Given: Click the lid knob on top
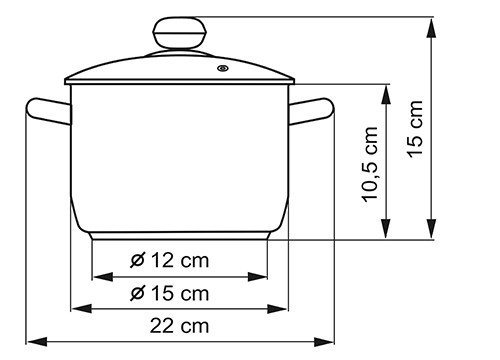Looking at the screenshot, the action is pyautogui.click(x=180, y=33).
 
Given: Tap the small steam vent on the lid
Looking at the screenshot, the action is pyautogui.click(x=223, y=68).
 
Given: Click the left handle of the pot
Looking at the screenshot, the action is pyautogui.click(x=49, y=111).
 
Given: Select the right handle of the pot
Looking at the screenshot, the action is pyautogui.click(x=311, y=111).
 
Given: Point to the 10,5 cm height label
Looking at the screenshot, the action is pyautogui.click(x=370, y=164).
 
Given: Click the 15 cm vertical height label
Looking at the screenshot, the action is pyautogui.click(x=415, y=129).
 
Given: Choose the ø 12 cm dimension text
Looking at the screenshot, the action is pyautogui.click(x=170, y=260).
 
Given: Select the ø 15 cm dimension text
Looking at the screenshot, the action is pyautogui.click(x=170, y=293).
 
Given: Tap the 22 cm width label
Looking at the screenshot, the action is pyautogui.click(x=179, y=326).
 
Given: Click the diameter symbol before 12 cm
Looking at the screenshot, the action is pyautogui.click(x=138, y=260).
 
